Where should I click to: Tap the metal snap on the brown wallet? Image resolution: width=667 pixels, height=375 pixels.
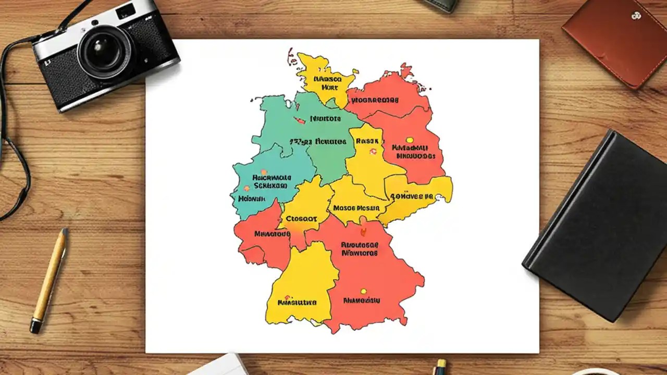point(636,16)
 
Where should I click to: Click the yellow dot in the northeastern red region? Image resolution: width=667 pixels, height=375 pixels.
point(410,140)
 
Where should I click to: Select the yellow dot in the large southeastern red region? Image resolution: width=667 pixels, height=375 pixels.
point(364,292)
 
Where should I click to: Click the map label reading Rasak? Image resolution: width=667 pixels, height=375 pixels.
point(367,141)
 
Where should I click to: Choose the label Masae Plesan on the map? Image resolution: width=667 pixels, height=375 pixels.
point(356,207)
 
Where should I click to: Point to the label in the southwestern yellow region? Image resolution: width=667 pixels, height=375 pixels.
point(298,302)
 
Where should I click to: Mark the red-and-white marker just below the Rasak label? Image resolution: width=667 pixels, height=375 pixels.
point(373,152)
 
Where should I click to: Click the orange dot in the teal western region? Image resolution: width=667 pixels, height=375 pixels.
point(264,172)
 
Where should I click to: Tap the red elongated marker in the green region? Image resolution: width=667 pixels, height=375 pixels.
point(300,120)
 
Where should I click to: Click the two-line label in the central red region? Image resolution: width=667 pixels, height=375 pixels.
point(360,248)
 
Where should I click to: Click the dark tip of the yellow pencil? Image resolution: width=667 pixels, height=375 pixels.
point(35,327)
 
